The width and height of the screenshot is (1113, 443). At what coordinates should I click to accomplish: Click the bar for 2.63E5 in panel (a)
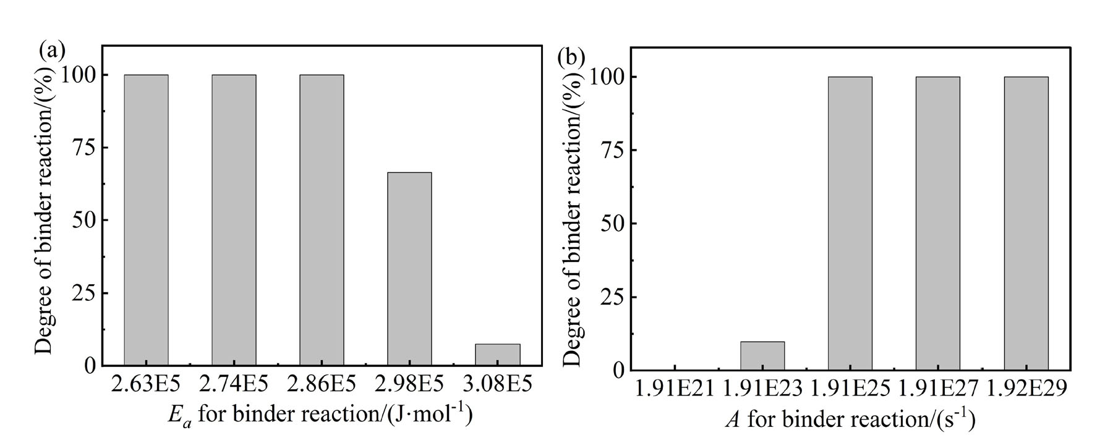[146, 219]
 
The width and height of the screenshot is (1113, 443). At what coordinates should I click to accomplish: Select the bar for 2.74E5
[234, 219]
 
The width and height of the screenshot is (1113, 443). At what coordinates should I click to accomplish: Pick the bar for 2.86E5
[322, 219]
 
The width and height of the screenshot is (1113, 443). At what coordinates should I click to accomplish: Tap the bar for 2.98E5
[409, 269]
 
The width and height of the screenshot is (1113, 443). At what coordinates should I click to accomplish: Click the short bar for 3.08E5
[498, 355]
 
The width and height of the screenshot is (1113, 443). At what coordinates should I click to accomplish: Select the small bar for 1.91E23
[762, 356]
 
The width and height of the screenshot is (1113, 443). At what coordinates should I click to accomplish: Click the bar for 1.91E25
[850, 223]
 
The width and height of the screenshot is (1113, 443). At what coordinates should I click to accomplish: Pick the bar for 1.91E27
[938, 223]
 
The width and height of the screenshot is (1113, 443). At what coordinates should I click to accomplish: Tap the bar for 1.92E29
[1026, 223]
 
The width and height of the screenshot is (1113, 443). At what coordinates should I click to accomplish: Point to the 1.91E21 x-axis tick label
[674, 388]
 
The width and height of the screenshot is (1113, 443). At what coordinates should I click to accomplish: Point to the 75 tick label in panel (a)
[84, 148]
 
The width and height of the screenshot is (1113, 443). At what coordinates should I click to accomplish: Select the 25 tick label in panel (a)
[84, 293]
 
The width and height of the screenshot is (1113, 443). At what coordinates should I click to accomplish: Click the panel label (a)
[52, 51]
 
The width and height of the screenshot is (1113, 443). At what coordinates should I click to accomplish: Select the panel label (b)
[571, 57]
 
